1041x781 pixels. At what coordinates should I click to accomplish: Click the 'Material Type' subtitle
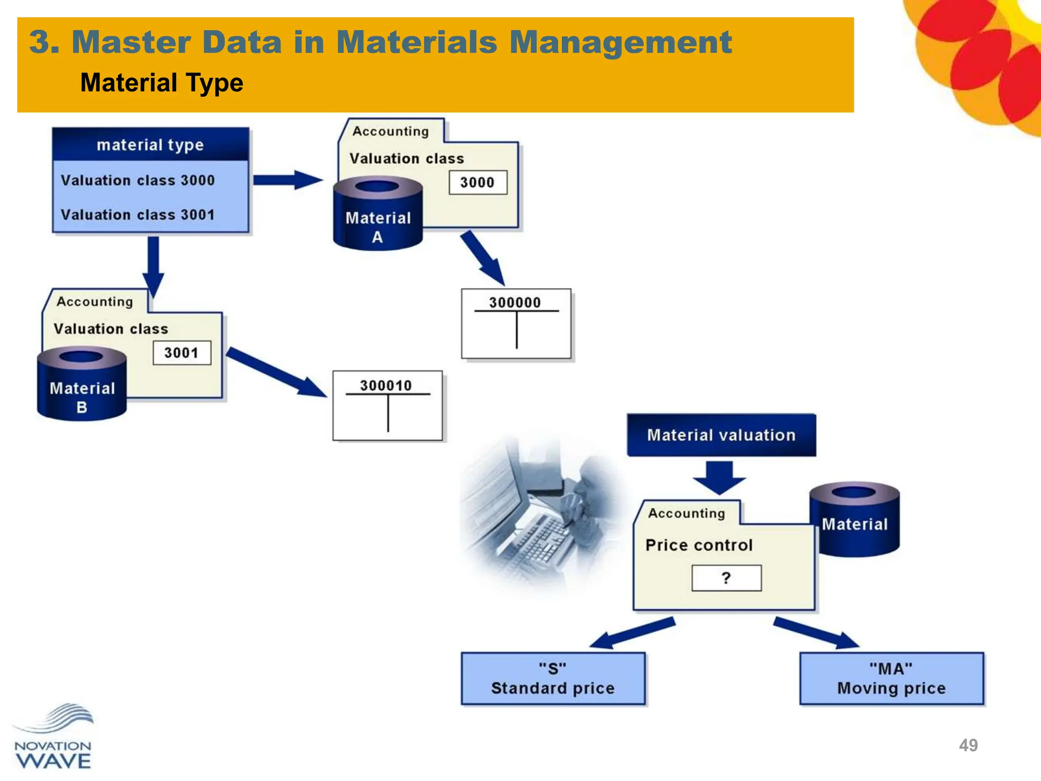[x=162, y=83]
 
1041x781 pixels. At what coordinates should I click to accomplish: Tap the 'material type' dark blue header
[x=150, y=145]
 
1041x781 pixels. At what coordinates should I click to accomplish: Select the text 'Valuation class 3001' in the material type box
[x=138, y=215]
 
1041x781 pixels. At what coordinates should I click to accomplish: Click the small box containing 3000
[x=478, y=183]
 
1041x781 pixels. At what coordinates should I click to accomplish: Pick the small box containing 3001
[x=181, y=353]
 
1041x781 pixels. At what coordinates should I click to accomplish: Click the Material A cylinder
[x=378, y=216]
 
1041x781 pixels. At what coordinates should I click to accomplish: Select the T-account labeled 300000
[x=516, y=324]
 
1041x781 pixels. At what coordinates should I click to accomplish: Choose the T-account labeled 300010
[x=387, y=406]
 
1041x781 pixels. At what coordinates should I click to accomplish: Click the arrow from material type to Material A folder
[x=288, y=180]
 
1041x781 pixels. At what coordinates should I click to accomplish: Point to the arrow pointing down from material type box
[x=153, y=264]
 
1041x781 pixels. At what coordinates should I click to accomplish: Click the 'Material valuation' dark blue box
[x=721, y=435]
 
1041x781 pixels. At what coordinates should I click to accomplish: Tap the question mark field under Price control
[x=726, y=578]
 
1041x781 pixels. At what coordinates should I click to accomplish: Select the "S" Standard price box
[x=553, y=679]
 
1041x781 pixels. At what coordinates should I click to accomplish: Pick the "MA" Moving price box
[x=892, y=679]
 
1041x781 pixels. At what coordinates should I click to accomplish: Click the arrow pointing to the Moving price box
[x=816, y=633]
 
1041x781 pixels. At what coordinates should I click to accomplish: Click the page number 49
[x=968, y=745]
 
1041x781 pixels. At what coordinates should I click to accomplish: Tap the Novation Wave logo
[x=53, y=737]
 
